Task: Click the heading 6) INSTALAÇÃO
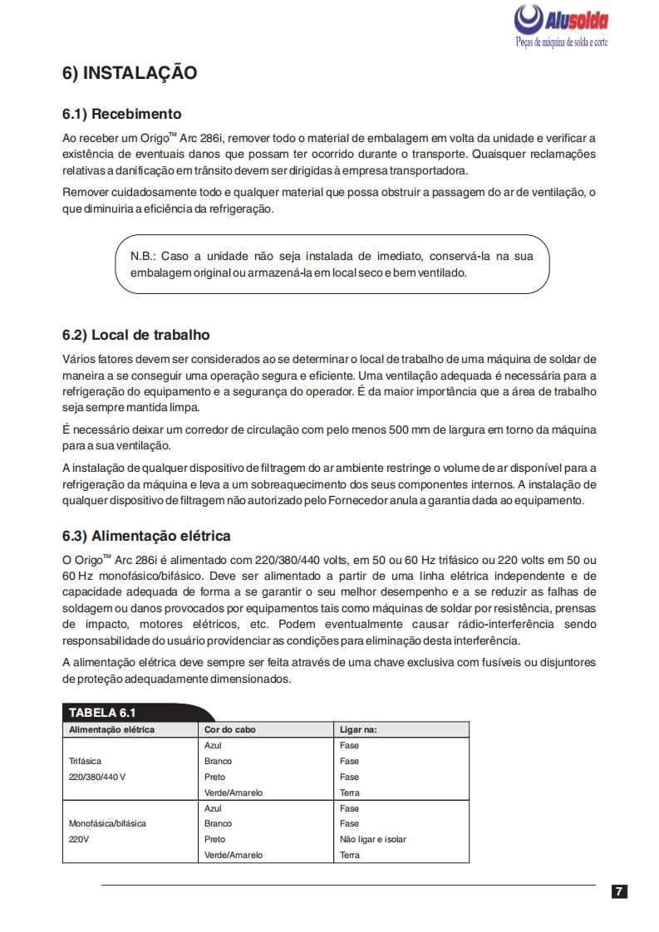[130, 73]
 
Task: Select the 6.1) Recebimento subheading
[121, 114]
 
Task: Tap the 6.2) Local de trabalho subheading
[135, 336]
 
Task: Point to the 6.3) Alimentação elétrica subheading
[146, 536]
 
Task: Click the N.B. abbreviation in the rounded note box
[144, 256]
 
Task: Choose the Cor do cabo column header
[230, 729]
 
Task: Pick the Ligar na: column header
[359, 729]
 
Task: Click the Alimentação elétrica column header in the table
[111, 729]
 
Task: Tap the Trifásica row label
[86, 761]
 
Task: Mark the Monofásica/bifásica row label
[107, 824]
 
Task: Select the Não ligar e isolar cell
[373, 840]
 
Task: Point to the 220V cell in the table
[79, 840]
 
